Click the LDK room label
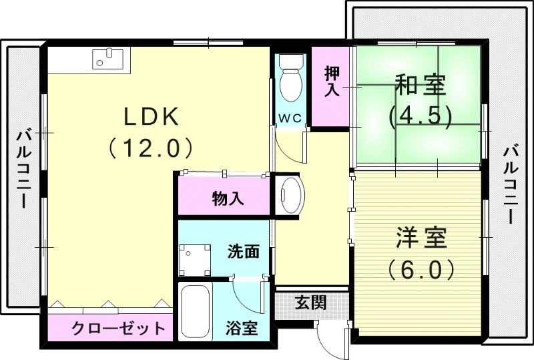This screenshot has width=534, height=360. pyautogui.click(x=151, y=117)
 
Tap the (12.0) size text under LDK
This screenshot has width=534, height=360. pyautogui.click(x=151, y=147)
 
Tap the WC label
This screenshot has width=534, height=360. pyautogui.click(x=290, y=118)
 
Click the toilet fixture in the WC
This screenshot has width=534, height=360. pyautogui.click(x=290, y=80)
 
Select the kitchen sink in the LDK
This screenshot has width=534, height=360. pyautogui.click(x=107, y=59)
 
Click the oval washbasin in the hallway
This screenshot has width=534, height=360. pyautogui.click(x=291, y=195)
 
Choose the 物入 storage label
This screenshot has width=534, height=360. pyautogui.click(x=228, y=198)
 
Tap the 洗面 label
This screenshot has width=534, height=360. pyautogui.click(x=243, y=252)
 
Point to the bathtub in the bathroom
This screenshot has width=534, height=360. pyautogui.click(x=196, y=313)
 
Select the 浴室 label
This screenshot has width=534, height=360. pyautogui.click(x=242, y=329)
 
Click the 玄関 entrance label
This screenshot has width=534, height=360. pyautogui.click(x=311, y=303)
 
